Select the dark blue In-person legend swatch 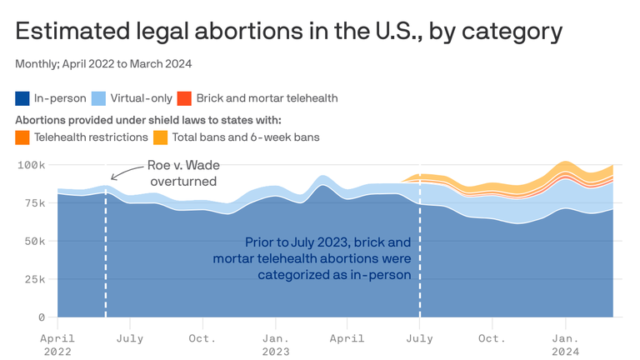[x=22, y=98]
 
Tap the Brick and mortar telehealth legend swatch [x=185, y=98]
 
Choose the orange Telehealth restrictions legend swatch [x=22, y=137]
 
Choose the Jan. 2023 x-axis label [x=277, y=345]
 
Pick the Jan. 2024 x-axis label [x=566, y=345]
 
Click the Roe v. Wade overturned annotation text [x=182, y=173]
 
